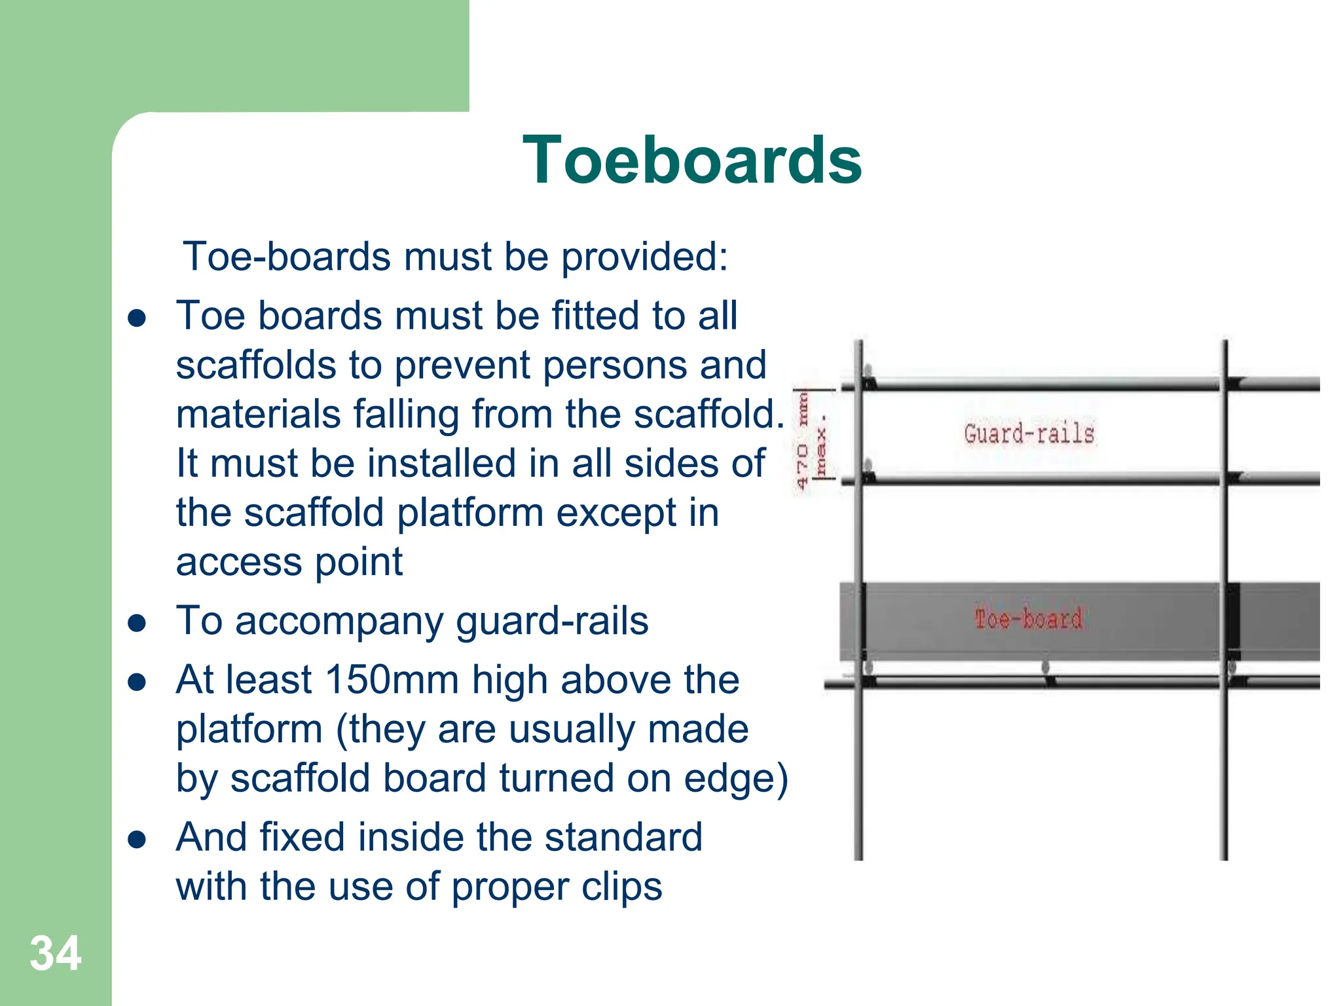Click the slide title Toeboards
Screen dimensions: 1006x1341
click(x=692, y=160)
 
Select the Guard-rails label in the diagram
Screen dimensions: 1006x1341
click(x=1029, y=434)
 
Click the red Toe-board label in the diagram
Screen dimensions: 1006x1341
click(x=1028, y=619)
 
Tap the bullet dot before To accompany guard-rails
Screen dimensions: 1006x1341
click(x=137, y=623)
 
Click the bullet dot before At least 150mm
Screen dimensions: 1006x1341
click(x=137, y=682)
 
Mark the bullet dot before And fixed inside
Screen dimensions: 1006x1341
click(x=137, y=840)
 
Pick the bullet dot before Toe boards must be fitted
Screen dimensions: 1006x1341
click(x=137, y=318)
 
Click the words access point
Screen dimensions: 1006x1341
click(x=289, y=562)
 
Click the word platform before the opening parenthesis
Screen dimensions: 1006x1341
click(x=249, y=729)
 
